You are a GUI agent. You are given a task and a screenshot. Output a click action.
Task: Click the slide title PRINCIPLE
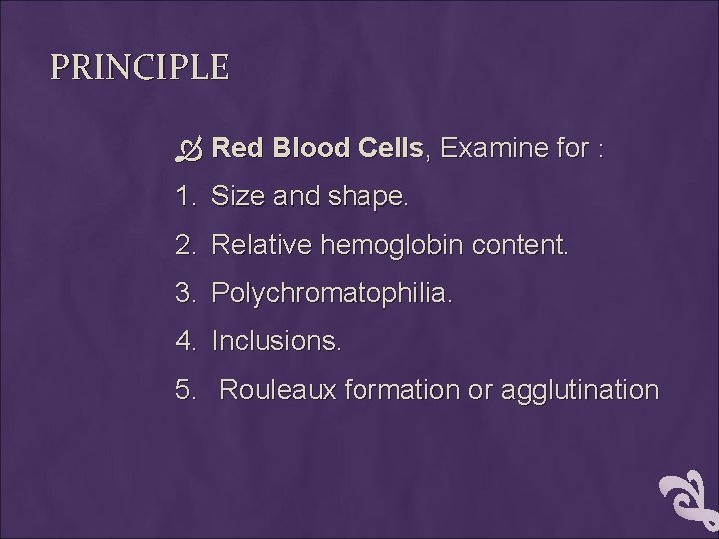pos(140,68)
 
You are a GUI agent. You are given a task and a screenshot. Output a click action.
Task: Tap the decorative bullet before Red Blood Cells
pos(189,150)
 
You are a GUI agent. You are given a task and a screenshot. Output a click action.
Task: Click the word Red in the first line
pos(237,149)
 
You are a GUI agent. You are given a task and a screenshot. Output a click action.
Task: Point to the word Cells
pos(388,149)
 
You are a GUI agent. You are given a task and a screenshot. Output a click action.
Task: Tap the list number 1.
pos(183,197)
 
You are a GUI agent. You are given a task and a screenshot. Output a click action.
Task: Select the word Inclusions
pos(277,341)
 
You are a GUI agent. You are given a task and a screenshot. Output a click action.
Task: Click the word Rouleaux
pos(277,390)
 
